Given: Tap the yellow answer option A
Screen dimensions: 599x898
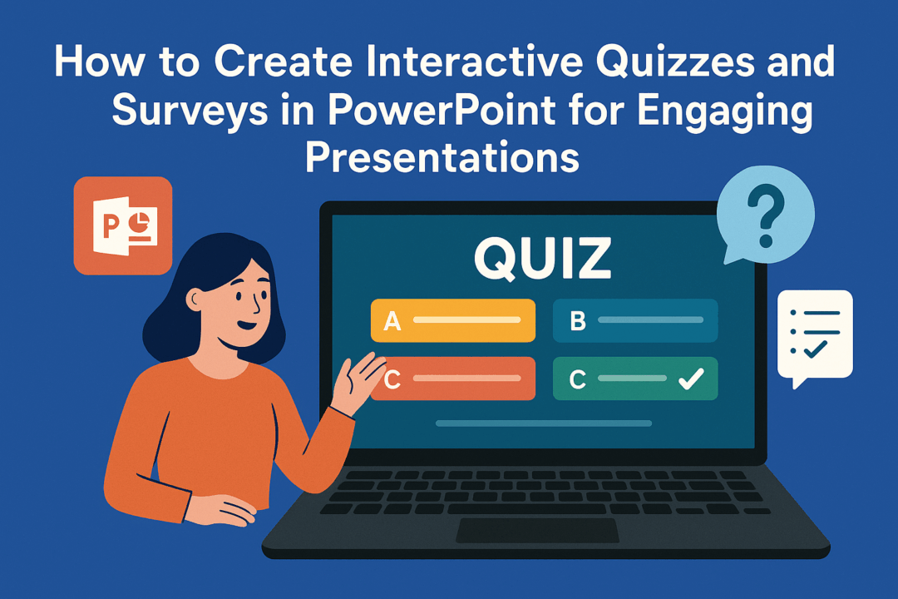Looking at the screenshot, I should point(452,320).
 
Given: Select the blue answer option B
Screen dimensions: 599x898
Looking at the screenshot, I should point(635,320).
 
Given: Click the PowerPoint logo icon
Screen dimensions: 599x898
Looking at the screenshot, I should point(122,225).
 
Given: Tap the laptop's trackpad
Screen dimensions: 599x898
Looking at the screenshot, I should point(537,530).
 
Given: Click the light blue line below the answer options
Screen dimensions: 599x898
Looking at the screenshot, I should point(543,423).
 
